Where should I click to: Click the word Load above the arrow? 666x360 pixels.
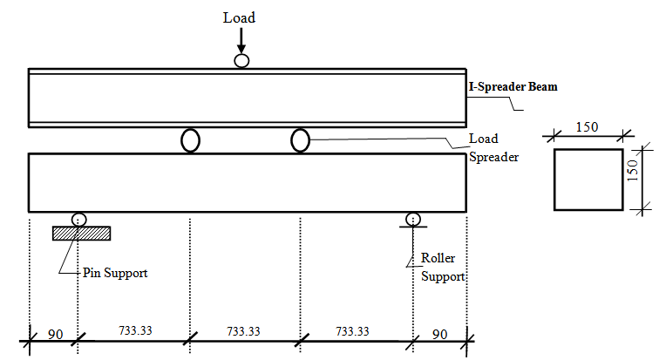(x=241, y=17)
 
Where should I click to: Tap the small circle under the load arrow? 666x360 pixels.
(x=241, y=60)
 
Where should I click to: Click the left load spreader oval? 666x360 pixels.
(x=190, y=140)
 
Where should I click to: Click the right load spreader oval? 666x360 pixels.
(x=300, y=139)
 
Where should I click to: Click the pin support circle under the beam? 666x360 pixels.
(x=79, y=219)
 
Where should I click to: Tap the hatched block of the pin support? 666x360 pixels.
(x=81, y=233)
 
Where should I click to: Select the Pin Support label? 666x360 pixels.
(x=116, y=273)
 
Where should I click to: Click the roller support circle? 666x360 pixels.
(x=412, y=219)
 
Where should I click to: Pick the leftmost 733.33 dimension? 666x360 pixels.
(x=136, y=331)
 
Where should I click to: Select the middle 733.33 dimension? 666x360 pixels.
(x=244, y=331)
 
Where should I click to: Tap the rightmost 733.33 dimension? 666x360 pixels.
(x=351, y=331)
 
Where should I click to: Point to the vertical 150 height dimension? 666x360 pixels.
(x=635, y=178)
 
